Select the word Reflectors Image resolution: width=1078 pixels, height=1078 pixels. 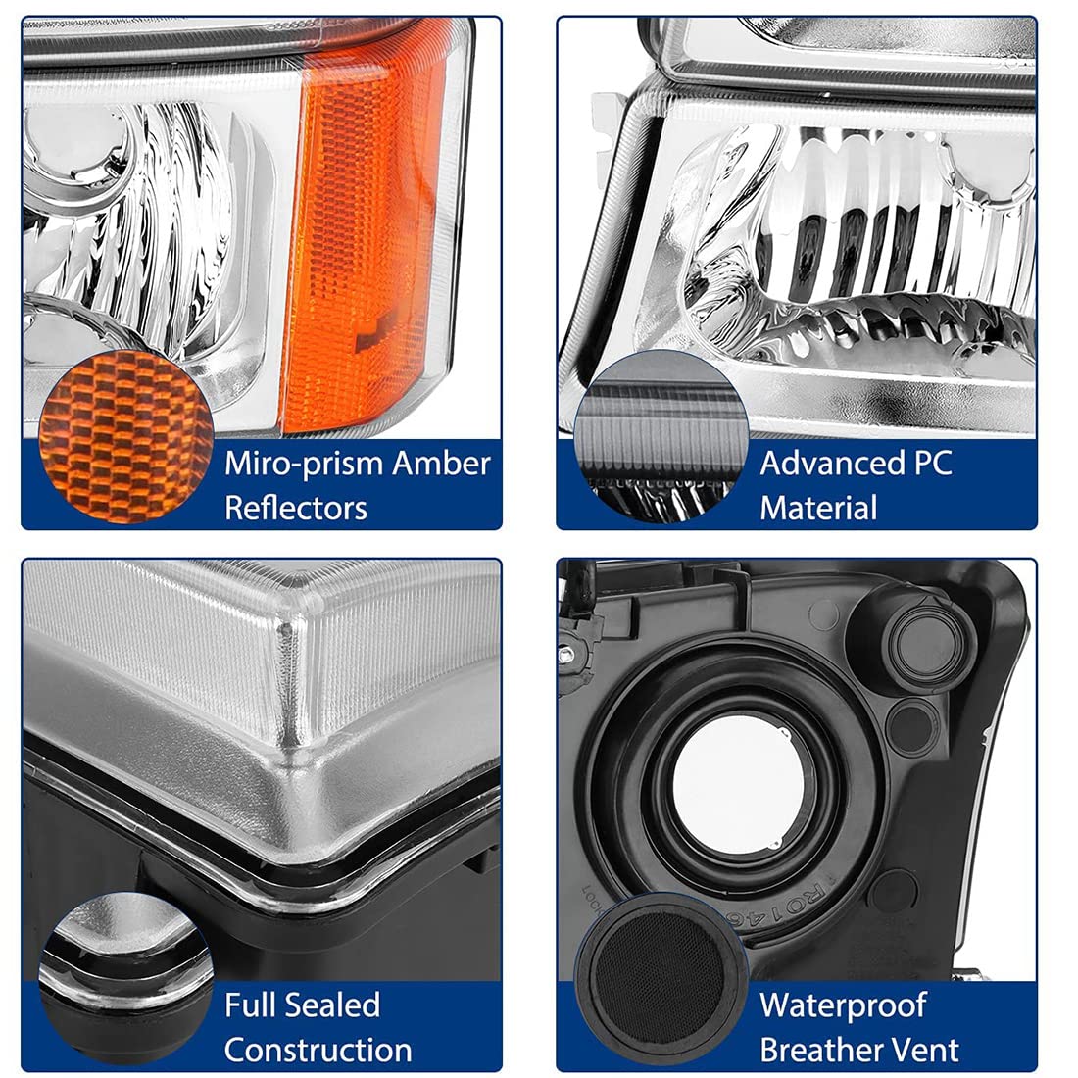pyautogui.click(x=296, y=508)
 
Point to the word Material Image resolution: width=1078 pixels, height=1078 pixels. pyautogui.click(x=818, y=508)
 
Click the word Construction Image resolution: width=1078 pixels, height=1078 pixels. pyautogui.click(x=318, y=1050)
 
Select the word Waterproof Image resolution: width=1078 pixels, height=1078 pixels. pyautogui.click(x=843, y=1005)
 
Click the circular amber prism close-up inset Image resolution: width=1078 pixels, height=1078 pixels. pyautogui.click(x=125, y=436)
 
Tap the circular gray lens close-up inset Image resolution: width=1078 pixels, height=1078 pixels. pyautogui.click(x=661, y=436)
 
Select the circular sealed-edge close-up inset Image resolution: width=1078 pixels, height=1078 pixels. pyautogui.click(x=125, y=978)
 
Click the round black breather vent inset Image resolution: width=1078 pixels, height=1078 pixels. pyautogui.click(x=661, y=978)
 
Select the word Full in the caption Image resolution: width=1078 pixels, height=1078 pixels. pyautogui.click(x=252, y=1004)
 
